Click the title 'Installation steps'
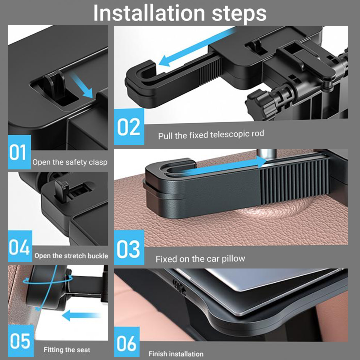pos(180,13)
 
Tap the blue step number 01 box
pos(19,152)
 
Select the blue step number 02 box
pos(129,127)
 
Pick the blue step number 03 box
pos(129,247)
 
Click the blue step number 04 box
pos(20,246)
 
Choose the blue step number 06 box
pos(127,342)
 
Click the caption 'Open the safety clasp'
pos(70,162)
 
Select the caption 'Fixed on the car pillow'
pos(200,259)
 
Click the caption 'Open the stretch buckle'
pos(71,256)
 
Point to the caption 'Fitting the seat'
pos(67,349)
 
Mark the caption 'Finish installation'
pos(176,354)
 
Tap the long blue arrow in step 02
pos(197,47)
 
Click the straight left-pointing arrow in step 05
pos(81,315)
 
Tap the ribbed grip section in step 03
pos(295,181)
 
